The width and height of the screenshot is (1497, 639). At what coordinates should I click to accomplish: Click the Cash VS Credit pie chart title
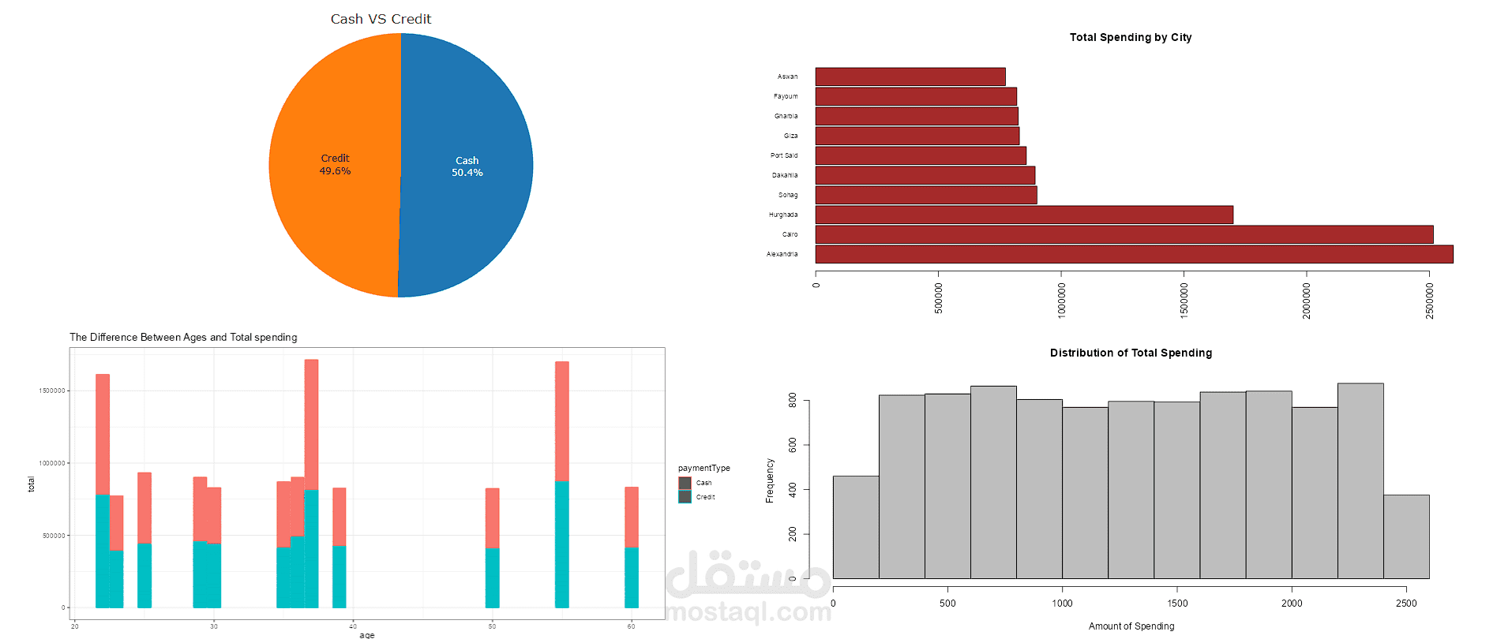pos(381,19)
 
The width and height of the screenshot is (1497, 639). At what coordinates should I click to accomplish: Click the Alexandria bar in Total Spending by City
pos(1134,254)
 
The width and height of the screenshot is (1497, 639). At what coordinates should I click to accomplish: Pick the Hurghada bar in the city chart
pos(1024,215)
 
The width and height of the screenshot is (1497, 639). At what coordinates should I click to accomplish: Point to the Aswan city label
pos(787,77)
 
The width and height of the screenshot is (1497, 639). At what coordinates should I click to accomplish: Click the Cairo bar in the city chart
pos(1124,234)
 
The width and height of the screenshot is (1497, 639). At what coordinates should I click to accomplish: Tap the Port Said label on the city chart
pos(784,155)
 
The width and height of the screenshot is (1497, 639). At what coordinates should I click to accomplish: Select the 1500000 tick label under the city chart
pos(1184,301)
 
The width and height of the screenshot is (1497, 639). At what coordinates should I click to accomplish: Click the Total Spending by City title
pos(1130,37)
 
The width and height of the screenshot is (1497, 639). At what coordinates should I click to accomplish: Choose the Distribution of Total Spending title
pos(1131,353)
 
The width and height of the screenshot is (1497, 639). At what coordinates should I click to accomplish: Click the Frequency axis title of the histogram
pos(770,480)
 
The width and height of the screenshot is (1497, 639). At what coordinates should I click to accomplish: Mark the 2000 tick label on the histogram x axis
pos(1292,603)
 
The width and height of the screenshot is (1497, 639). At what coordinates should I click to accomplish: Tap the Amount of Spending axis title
pos(1131,626)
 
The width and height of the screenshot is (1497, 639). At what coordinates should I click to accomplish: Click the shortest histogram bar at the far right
pos(1406,536)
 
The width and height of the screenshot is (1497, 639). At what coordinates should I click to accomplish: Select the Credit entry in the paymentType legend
pos(705,497)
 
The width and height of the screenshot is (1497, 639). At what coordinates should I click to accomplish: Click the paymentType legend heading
pos(703,468)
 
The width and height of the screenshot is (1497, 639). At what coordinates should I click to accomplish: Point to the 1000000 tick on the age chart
pos(52,463)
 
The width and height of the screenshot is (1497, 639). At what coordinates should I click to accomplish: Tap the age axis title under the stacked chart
pos(367,634)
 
